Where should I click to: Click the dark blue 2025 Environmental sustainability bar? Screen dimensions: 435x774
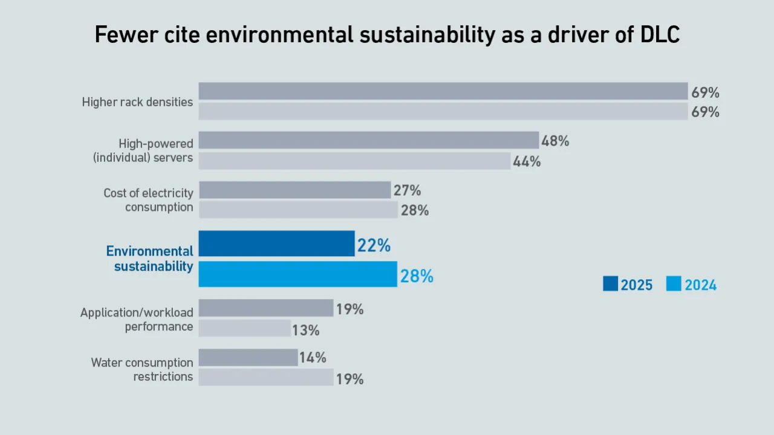tap(276, 243)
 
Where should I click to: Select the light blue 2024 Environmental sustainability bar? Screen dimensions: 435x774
tap(298, 274)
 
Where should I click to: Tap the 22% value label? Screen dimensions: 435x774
tap(374, 246)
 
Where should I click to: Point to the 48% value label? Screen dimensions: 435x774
tap(555, 141)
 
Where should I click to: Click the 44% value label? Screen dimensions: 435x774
tap(527, 162)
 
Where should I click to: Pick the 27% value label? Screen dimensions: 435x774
tap(407, 191)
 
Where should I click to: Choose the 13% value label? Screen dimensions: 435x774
tap(305, 330)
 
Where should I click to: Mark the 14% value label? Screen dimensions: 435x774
tap(313, 358)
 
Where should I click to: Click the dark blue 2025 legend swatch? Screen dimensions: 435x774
tap(610, 284)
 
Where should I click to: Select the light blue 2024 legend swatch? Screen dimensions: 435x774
tap(674, 284)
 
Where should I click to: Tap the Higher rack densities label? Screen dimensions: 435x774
tap(137, 102)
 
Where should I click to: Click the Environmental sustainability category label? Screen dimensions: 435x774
tap(150, 259)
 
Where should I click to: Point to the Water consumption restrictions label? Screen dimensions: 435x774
tap(142, 370)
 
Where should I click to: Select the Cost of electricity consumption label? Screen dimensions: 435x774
tap(148, 200)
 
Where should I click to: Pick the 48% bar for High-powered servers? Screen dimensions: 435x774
tap(368, 140)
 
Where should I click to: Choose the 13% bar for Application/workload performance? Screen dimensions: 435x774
tap(244, 329)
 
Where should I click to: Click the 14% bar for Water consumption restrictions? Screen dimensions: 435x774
tap(248, 358)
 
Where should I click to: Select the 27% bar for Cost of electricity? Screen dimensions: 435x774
tap(294, 190)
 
